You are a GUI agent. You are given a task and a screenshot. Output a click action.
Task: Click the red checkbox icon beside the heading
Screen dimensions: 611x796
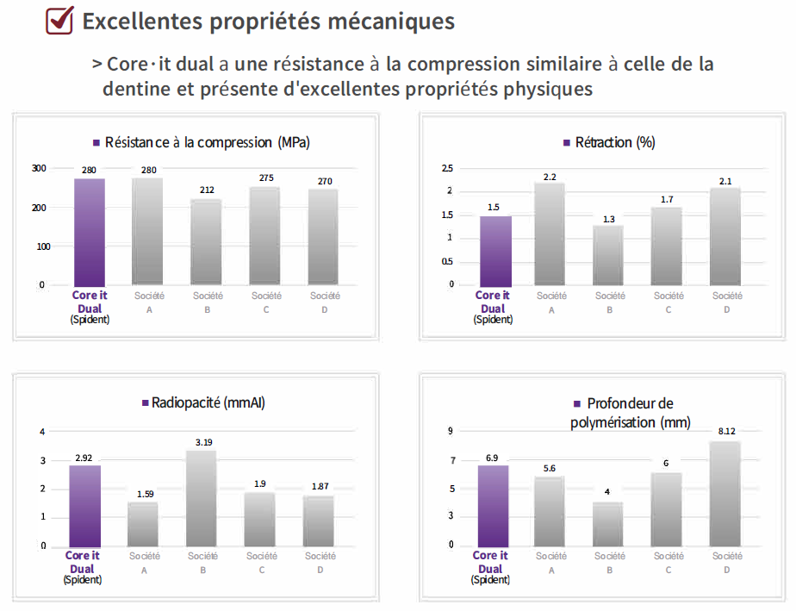59,21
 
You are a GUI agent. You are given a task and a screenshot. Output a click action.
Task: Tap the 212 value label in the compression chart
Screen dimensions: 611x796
206,190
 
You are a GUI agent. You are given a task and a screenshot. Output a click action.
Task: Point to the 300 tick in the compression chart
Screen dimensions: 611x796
39,168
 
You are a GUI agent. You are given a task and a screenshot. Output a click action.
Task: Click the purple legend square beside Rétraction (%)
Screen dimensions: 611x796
566,143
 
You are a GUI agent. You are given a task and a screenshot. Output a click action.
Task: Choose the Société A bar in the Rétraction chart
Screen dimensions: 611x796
550,234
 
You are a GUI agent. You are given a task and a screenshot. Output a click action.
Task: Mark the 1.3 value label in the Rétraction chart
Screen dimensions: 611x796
609,219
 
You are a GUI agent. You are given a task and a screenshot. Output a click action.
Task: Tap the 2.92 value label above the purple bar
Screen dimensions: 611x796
84,458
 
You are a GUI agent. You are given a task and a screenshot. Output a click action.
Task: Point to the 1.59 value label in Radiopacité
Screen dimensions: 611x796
143,494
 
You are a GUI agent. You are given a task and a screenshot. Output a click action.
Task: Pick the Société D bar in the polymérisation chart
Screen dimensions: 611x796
724,493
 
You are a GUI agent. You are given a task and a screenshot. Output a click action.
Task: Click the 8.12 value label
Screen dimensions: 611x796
724,433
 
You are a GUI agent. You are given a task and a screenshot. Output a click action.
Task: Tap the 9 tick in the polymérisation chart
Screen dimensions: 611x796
450,431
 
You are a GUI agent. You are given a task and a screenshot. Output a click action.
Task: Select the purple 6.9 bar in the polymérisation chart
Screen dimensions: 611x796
492,505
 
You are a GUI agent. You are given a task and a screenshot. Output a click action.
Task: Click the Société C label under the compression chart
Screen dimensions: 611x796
266,302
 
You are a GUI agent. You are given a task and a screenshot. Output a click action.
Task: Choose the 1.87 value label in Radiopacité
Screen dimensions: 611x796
320,486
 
